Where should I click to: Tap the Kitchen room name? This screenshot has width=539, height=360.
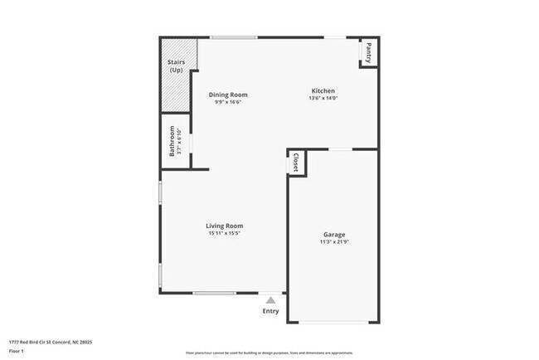[323, 90]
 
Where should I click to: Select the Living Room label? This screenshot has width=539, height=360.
[225, 226]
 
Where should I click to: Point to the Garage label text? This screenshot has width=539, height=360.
[334, 235]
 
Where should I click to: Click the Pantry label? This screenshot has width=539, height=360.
[369, 52]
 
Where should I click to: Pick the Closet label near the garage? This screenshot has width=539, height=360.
[296, 163]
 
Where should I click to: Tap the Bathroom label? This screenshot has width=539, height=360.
[172, 141]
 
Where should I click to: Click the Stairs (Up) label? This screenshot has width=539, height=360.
[176, 66]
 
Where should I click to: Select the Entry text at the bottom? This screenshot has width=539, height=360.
[271, 311]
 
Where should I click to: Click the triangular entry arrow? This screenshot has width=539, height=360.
[270, 300]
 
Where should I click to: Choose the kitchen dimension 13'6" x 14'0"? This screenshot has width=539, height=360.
[323, 99]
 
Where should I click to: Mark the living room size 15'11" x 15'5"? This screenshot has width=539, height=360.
[225, 234]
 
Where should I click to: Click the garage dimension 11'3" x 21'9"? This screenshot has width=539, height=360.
[334, 243]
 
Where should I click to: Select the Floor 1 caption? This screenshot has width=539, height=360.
[17, 352]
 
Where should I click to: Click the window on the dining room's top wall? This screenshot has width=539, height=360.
[233, 36]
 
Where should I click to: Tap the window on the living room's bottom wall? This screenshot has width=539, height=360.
[215, 293]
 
